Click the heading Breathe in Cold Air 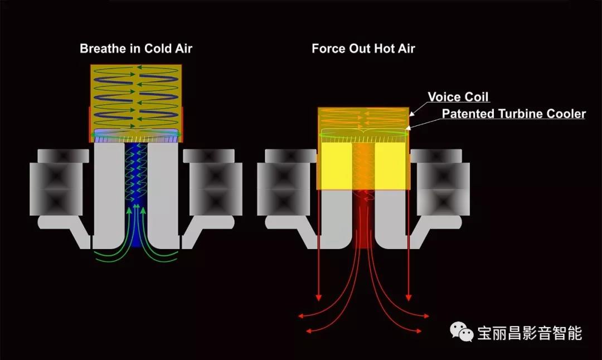(x=136, y=48)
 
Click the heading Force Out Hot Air (x=363, y=48)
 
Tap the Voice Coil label (x=458, y=97)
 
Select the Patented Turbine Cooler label (x=514, y=114)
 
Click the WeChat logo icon (x=462, y=332)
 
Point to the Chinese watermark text (x=530, y=333)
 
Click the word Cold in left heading (x=158, y=48)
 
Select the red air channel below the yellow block (x=363, y=219)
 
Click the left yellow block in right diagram (x=335, y=166)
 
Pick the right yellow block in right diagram (x=391, y=166)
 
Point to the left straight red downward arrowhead (x=318, y=298)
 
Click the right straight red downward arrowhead (x=409, y=298)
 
